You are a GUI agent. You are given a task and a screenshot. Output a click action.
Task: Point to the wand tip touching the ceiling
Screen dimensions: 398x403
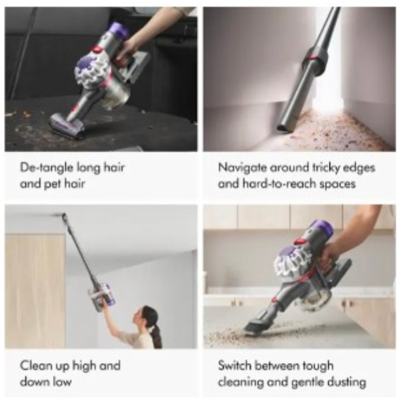pos(64,216)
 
